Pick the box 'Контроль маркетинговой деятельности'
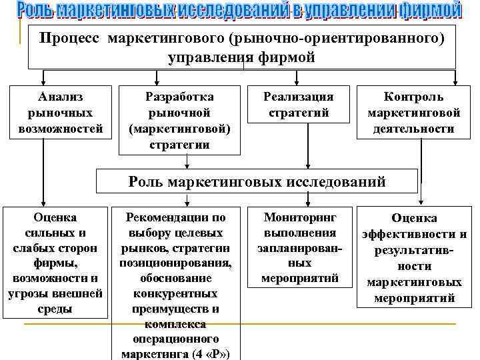pos(410,112)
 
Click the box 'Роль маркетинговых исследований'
pos(257,180)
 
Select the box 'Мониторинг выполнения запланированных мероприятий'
pos(301,247)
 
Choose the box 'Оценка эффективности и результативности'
pos(414,257)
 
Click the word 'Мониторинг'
pos(300,217)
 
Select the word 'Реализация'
pos(299,97)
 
